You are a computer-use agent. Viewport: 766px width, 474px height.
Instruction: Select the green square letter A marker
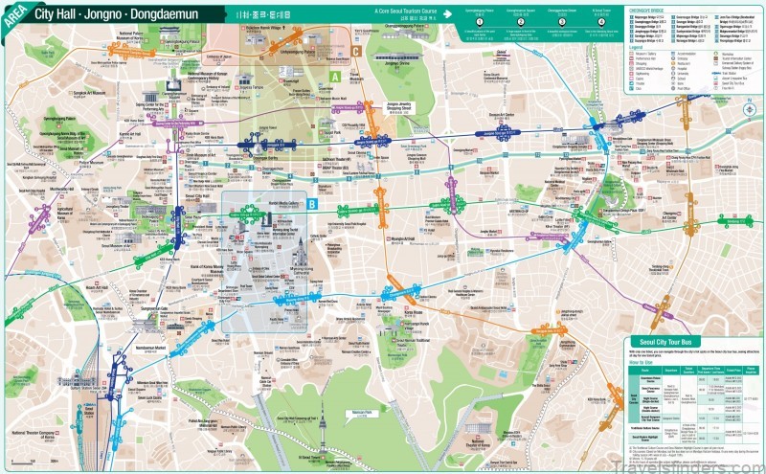tap(334, 75)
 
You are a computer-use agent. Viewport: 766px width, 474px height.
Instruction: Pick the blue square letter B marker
tap(313, 204)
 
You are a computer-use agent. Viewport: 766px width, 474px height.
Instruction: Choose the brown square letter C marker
tap(356, 52)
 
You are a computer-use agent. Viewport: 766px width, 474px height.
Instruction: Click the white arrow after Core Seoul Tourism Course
tap(446, 15)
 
